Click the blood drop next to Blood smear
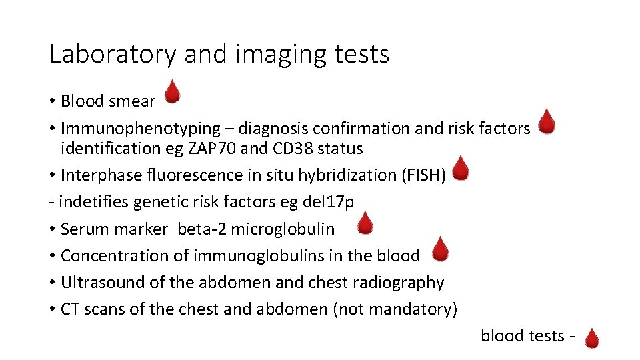(x=172, y=92)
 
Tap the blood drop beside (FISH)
(x=461, y=169)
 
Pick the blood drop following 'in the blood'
(x=440, y=249)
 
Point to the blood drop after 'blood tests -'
(x=592, y=338)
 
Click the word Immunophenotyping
(x=140, y=128)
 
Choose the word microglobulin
(x=289, y=229)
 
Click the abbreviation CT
(x=69, y=309)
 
